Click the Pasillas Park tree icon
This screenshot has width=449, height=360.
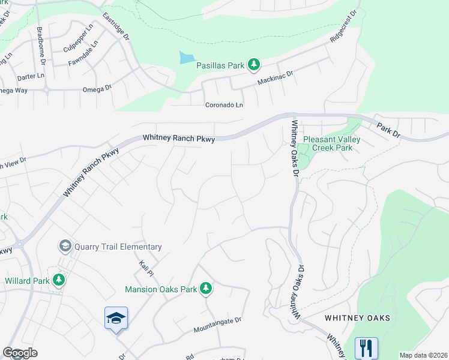[x=254, y=64]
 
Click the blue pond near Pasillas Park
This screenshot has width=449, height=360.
[x=186, y=58]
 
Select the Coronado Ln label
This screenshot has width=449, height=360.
[x=224, y=105]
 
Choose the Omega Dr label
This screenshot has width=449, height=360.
[x=97, y=88]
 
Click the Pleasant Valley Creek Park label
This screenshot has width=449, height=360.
[x=331, y=143]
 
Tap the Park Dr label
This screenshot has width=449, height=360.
[x=388, y=129]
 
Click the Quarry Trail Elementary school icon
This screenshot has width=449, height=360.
[x=64, y=247]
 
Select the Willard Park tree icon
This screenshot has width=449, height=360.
[x=58, y=280]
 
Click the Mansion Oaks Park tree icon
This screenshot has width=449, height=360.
[x=206, y=289]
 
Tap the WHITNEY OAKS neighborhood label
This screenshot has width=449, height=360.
[x=358, y=317]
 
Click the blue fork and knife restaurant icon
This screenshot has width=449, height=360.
[x=366, y=348]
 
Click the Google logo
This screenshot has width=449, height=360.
[x=20, y=353]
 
